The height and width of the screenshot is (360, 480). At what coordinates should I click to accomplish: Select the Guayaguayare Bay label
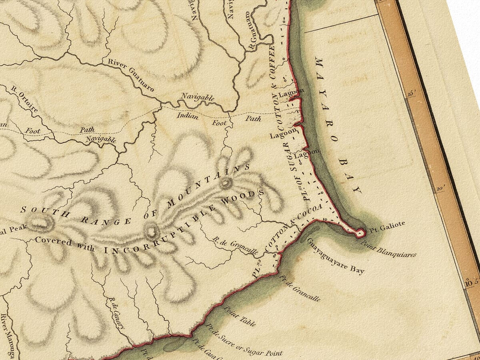click(336, 256)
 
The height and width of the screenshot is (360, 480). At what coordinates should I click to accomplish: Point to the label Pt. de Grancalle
click(300, 288)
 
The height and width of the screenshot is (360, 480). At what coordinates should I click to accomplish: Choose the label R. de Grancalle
click(235, 245)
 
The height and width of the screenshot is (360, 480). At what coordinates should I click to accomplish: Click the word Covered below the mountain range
click(53, 242)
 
